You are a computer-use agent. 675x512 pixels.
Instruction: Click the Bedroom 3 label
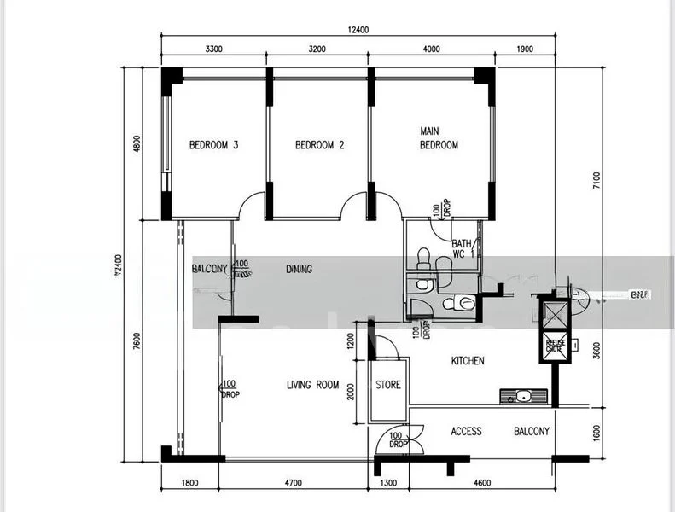[213, 145]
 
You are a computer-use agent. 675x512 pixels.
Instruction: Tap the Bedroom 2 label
[319, 145]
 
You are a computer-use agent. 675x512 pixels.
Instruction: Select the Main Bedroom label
[439, 138]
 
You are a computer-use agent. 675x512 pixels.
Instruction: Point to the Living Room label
[313, 385]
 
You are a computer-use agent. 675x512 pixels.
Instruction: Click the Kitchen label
[468, 361]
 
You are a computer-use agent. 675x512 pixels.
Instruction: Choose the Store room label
[388, 385]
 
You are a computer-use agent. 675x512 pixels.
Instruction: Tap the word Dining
[299, 269]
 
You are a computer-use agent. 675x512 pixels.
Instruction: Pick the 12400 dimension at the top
[358, 30]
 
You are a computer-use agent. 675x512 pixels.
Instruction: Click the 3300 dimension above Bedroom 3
[214, 49]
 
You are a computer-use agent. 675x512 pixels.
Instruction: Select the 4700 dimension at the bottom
[293, 484]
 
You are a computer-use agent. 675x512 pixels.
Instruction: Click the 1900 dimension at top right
[524, 49]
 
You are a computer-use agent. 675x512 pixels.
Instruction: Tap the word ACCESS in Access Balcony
[467, 432]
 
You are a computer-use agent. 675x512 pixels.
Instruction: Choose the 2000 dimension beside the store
[350, 390]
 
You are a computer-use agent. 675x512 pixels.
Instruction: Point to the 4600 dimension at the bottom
[481, 484]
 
